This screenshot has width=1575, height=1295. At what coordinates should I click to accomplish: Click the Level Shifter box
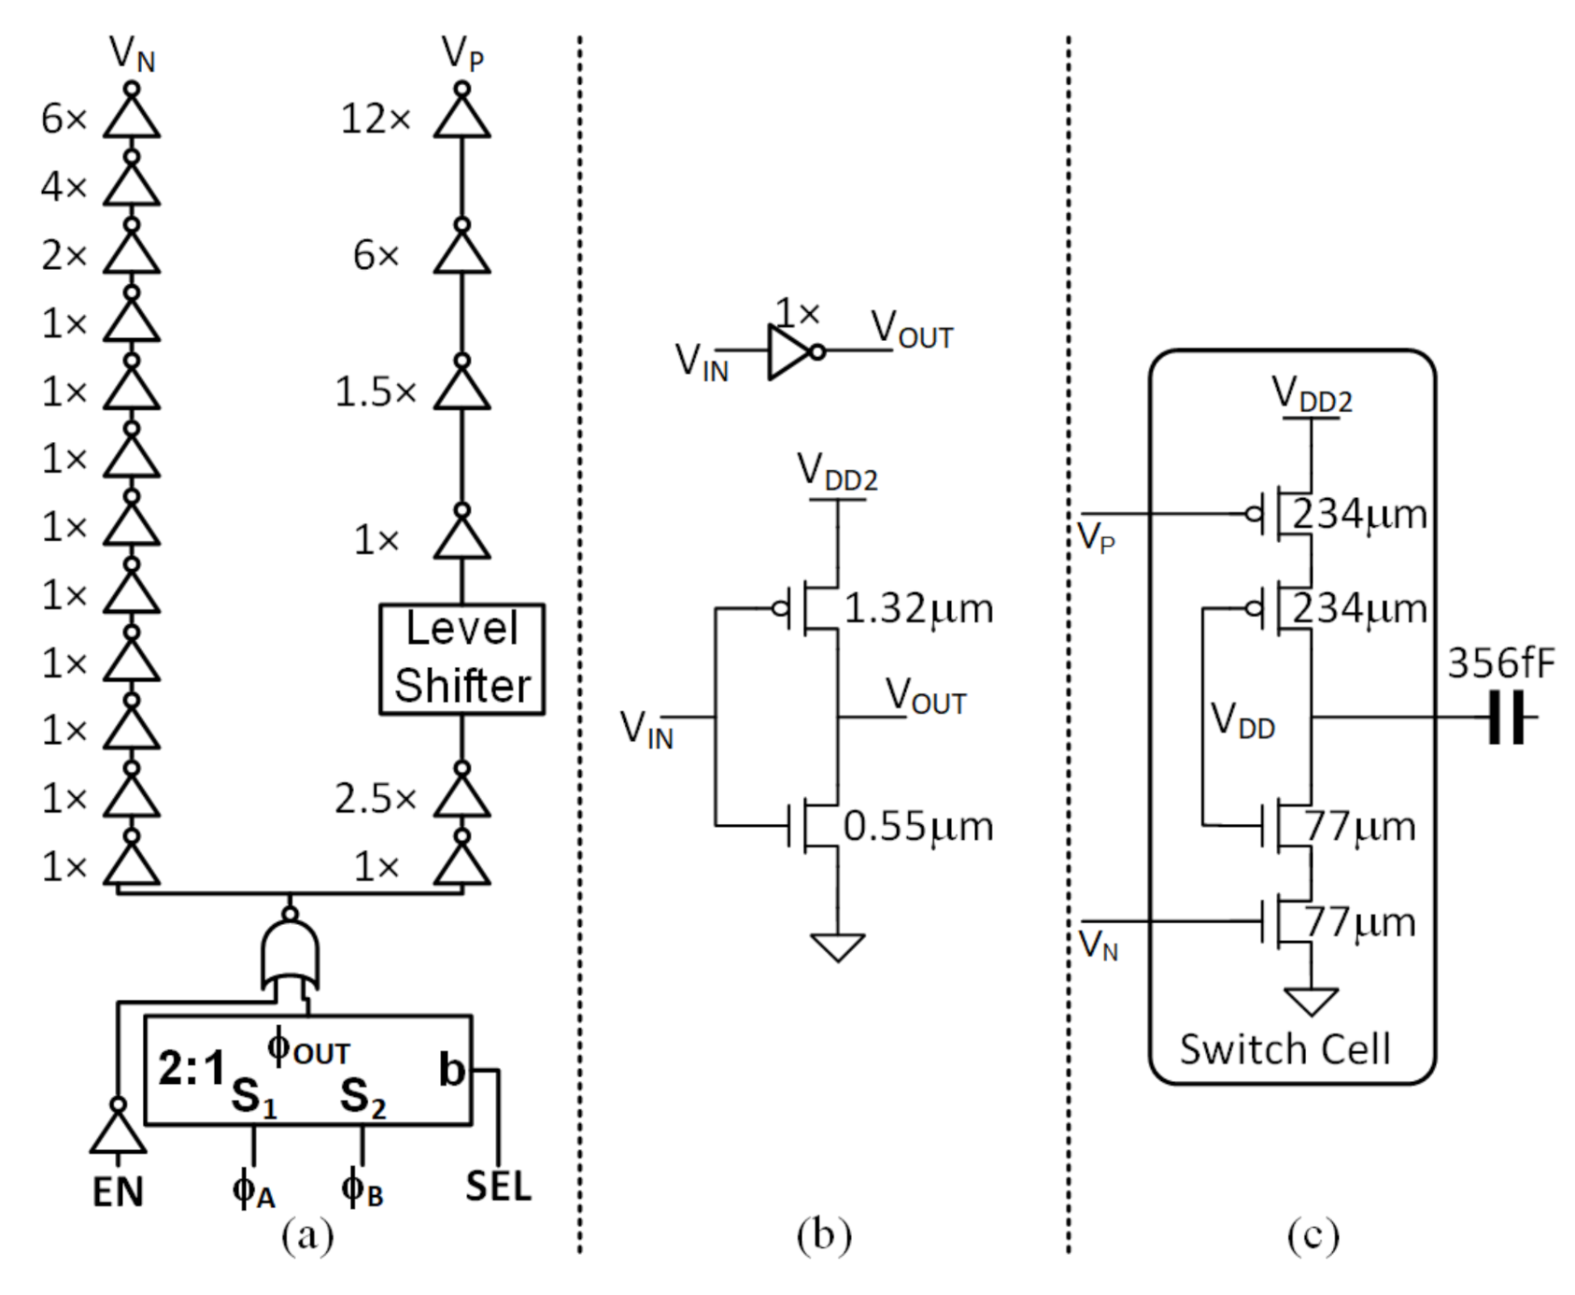pyautogui.click(x=461, y=659)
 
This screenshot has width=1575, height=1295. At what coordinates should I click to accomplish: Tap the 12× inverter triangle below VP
pyautogui.click(x=461, y=120)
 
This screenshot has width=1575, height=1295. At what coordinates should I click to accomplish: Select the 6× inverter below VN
pyautogui.click(x=132, y=120)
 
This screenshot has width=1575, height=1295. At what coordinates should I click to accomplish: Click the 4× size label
pyautogui.click(x=64, y=187)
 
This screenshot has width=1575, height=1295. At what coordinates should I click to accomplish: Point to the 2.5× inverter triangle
pyautogui.click(x=461, y=799)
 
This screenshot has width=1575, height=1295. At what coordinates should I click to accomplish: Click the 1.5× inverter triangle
pyautogui.click(x=461, y=391)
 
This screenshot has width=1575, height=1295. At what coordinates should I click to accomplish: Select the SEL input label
pyautogui.click(x=498, y=1187)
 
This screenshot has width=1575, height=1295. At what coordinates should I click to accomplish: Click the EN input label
pyautogui.click(x=118, y=1192)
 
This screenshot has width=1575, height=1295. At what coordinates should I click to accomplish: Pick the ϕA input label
pyautogui.click(x=253, y=1189)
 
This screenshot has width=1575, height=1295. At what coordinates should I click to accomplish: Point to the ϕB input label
pyautogui.click(x=362, y=1189)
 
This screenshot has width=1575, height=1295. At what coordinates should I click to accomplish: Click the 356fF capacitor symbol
pyautogui.click(x=1506, y=718)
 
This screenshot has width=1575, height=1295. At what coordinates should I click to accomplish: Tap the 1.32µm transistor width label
pyautogui.click(x=918, y=609)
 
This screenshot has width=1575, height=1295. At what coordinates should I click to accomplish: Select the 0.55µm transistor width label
pyautogui.click(x=918, y=827)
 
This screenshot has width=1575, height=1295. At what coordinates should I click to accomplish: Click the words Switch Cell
pyautogui.click(x=1284, y=1049)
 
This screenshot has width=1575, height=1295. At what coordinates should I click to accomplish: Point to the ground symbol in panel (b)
pyautogui.click(x=837, y=946)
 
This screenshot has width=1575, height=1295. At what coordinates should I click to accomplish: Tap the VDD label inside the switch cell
pyautogui.click(x=1242, y=721)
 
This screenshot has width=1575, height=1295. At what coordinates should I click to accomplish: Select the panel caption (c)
pyautogui.click(x=1312, y=1235)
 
